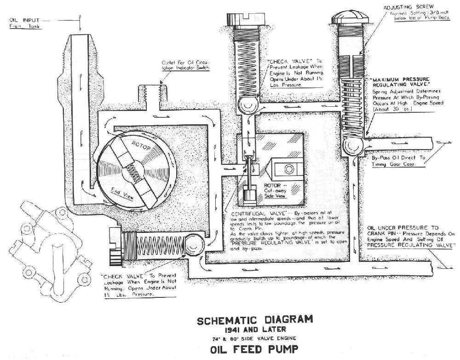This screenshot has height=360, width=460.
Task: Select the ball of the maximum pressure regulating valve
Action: [354, 145]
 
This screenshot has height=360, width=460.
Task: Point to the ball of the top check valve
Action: [247, 105]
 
